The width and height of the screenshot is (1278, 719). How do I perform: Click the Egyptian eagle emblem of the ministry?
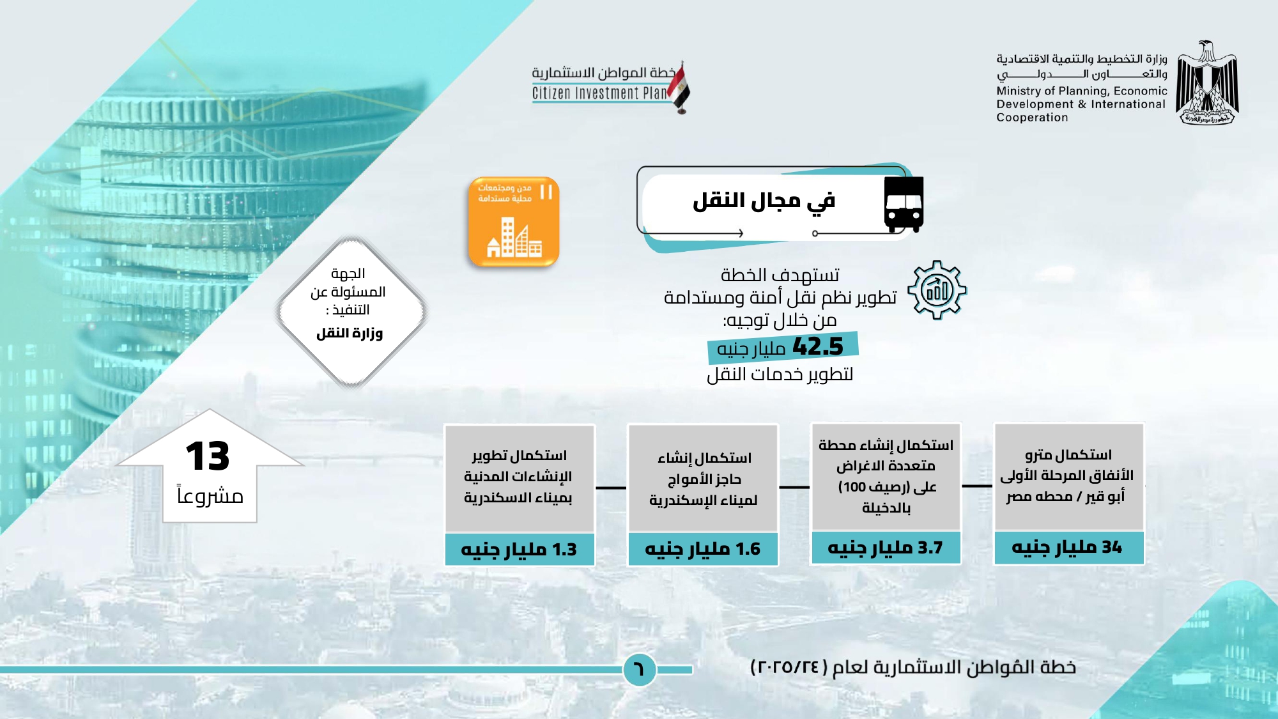1207,82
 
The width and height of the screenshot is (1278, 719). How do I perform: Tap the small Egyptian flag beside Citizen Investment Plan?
679,88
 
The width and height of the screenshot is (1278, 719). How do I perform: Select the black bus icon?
904,204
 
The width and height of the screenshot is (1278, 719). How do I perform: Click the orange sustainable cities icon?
514,221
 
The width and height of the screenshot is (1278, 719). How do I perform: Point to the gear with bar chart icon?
937,290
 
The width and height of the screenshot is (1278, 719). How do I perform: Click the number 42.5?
818,346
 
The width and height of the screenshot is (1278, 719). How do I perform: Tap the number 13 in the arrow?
208,456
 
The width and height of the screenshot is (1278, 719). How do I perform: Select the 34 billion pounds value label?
1068,548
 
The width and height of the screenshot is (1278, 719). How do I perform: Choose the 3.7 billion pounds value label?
885,548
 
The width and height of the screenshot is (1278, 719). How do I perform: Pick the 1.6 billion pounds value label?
703,549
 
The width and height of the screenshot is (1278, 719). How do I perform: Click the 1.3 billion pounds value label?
520,550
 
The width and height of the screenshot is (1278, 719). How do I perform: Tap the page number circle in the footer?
640,669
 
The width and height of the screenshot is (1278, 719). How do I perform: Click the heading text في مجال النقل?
764,201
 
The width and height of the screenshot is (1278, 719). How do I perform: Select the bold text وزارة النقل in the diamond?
350,333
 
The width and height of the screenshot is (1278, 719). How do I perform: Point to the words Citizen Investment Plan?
599,93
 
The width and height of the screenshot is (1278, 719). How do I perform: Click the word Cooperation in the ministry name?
1032,118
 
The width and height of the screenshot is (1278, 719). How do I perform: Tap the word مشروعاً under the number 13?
210,496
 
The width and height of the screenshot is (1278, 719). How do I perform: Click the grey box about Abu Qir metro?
1068,477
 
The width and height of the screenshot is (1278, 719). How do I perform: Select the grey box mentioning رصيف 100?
886,477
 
